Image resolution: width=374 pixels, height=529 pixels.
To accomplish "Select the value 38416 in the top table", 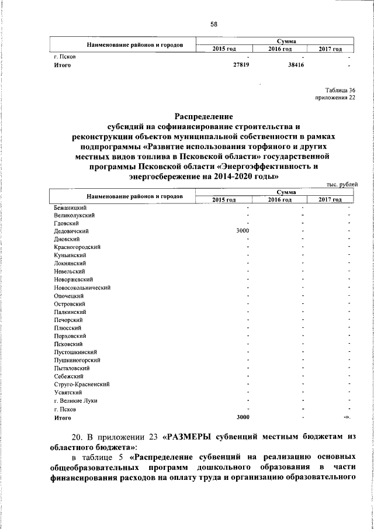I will [x=295, y=66].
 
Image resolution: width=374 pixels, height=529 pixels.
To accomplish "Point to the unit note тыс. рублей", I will [x=342, y=185].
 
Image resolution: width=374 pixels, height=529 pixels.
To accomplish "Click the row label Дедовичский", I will [x=71, y=231].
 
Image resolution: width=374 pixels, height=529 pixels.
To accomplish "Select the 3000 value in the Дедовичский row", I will [x=242, y=231].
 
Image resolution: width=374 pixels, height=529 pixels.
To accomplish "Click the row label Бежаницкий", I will [x=70, y=208].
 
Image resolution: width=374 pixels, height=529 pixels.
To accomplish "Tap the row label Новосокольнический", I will [x=82, y=288].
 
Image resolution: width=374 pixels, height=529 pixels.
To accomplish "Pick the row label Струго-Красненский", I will [x=81, y=384].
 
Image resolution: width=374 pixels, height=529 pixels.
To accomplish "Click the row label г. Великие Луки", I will [x=75, y=400].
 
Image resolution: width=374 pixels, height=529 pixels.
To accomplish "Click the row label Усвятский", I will [x=67, y=392].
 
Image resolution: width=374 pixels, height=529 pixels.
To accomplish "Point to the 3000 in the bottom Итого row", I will [x=242, y=417].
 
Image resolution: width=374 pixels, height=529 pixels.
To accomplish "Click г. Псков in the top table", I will [x=63, y=57].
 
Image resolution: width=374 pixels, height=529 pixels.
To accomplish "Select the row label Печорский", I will [x=68, y=320].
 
